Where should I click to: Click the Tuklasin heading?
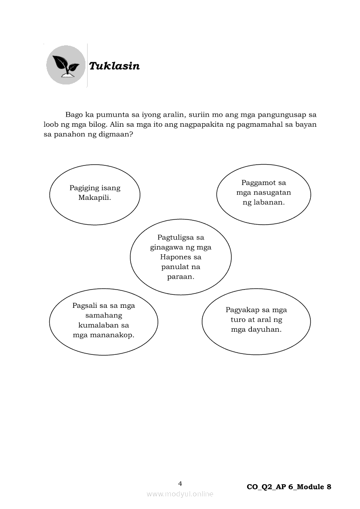114,66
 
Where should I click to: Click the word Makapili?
94,197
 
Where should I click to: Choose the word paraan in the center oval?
180,276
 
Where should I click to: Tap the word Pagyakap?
242,310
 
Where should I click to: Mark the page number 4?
180,483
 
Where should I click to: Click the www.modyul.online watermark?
180,494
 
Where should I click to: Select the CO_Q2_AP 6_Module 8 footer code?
289,487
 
